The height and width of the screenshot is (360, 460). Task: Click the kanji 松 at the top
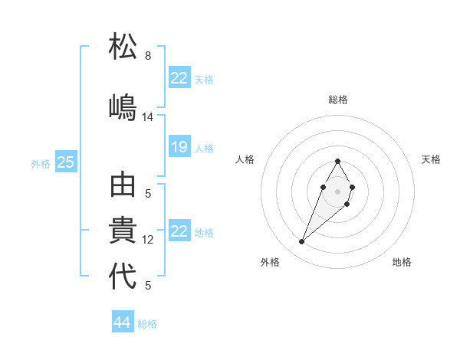click(123, 47)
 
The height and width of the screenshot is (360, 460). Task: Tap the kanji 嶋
click(123, 106)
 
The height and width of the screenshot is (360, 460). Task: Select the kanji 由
click(123, 186)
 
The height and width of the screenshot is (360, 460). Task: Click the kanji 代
click(123, 277)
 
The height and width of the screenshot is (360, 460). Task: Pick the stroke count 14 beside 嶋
click(148, 117)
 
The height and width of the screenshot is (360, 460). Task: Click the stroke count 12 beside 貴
click(148, 240)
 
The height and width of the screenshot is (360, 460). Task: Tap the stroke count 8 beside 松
click(148, 56)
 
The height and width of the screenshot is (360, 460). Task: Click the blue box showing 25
click(66, 162)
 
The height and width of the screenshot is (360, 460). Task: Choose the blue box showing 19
click(179, 147)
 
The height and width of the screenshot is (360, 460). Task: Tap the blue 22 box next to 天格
click(179, 78)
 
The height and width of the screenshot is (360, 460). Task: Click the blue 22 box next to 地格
click(179, 231)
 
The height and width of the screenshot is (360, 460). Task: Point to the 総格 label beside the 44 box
click(147, 324)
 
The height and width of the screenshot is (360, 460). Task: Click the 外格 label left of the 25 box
click(41, 163)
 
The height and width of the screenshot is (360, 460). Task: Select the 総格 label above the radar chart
click(338, 100)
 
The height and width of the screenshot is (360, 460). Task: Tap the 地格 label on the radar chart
click(402, 262)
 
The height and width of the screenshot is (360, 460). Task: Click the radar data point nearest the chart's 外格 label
click(302, 242)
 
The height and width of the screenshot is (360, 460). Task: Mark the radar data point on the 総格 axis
click(337, 161)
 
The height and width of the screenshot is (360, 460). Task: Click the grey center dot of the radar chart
click(337, 190)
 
